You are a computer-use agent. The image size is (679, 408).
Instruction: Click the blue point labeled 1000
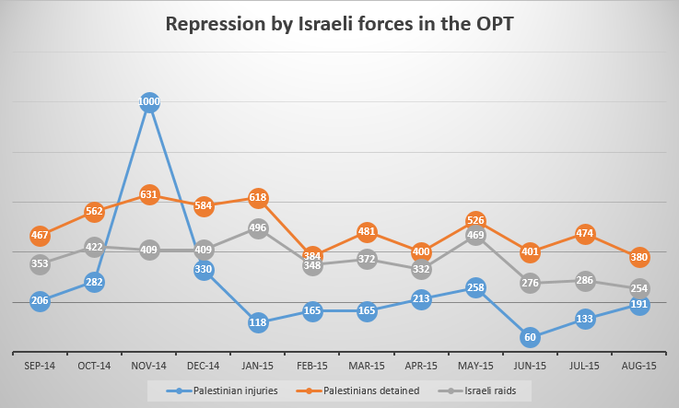pos(148,103)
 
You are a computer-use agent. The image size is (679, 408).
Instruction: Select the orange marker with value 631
pos(148,194)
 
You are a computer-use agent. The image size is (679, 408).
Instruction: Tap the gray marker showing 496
pos(257,228)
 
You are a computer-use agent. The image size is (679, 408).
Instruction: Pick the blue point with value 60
pos(530,337)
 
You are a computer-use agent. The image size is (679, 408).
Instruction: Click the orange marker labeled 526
pos(475,220)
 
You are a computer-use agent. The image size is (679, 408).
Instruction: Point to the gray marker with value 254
pos(638,288)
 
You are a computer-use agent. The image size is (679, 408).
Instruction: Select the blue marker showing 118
pos(257,322)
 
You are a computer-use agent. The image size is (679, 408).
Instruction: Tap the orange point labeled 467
pos(40,236)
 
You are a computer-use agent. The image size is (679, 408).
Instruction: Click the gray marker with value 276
pos(530,283)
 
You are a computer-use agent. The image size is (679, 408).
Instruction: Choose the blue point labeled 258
pos(475,288)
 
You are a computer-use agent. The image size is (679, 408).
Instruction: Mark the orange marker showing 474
pos(584,234)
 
